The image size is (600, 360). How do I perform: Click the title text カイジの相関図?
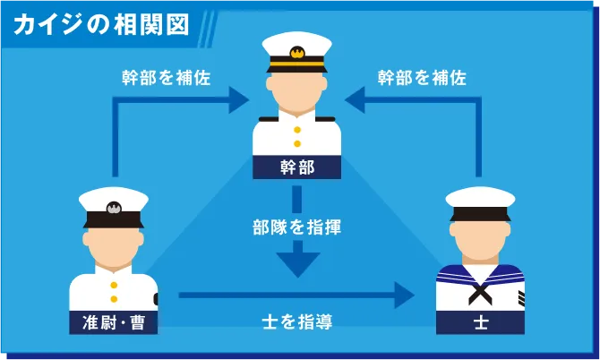pos(101,25)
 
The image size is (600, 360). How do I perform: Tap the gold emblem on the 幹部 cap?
pos(297,52)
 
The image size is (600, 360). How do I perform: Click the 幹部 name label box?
pos(297,167)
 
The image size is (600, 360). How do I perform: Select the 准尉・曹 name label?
pos(113,322)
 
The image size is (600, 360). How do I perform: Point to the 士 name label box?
pos(480,322)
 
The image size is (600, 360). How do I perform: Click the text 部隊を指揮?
pos(297,227)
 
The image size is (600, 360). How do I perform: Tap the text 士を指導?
pos(297,321)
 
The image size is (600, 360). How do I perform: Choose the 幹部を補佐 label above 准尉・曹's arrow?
pos(167,78)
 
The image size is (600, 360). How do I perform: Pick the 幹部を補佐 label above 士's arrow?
pos(422,78)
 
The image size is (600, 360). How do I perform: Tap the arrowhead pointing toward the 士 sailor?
pos(404,295)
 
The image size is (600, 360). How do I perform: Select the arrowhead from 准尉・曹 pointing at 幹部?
pos(239,100)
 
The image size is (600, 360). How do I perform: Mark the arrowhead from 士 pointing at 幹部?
pos(355,100)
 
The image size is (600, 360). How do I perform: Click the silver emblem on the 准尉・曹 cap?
pos(114,208)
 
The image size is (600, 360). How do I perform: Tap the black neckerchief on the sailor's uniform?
pos(480,293)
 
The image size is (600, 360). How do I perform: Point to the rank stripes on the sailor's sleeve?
pos(521,298)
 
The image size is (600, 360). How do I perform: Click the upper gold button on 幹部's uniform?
pos(297,130)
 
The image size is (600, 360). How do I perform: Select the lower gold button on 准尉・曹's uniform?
pos(114,299)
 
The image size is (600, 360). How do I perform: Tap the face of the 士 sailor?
pos(480,238)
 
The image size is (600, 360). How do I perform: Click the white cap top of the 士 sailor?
pos(480,197)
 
